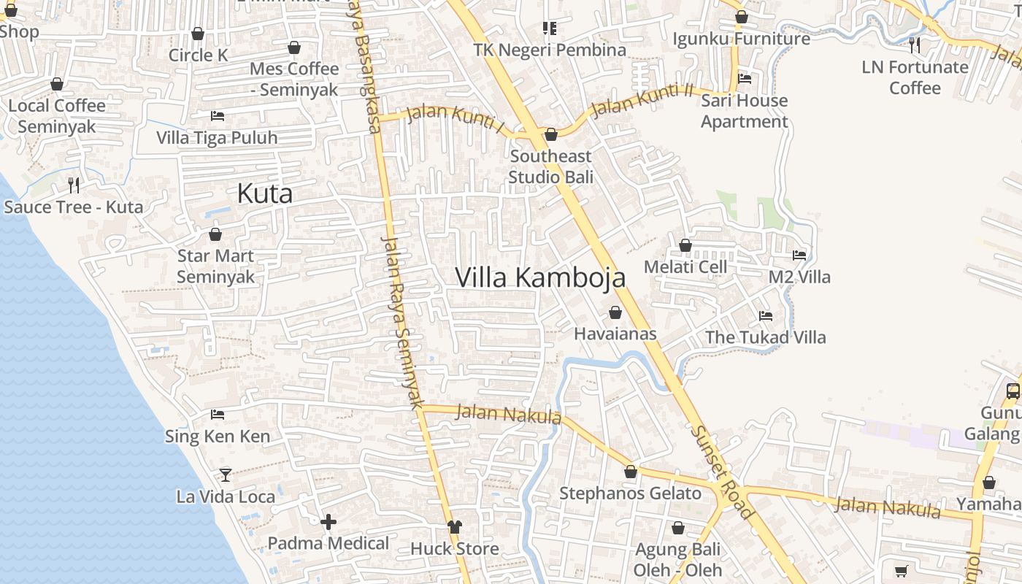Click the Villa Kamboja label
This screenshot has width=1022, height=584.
(x=540, y=278)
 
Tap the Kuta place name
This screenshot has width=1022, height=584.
(x=265, y=193)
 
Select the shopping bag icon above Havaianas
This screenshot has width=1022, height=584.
(x=615, y=312)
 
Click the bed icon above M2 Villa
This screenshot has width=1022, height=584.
(x=799, y=255)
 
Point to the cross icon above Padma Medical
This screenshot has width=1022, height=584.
(x=328, y=522)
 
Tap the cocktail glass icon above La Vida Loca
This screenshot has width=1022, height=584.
(x=226, y=475)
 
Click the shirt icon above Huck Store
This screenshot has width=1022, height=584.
(x=455, y=526)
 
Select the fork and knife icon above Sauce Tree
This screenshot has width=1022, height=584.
(x=74, y=185)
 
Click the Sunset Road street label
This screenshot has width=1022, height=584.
(x=721, y=472)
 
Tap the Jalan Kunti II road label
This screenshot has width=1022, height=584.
(x=642, y=101)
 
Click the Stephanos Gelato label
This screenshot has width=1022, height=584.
(x=630, y=493)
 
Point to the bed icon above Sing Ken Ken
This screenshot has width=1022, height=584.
(x=217, y=415)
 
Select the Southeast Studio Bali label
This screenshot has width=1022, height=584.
(x=550, y=166)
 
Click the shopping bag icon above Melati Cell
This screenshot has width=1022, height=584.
(x=685, y=245)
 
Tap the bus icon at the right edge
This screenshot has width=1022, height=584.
(x=1013, y=391)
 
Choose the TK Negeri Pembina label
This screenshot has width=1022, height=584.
(x=550, y=50)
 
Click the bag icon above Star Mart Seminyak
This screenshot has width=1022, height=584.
(x=215, y=234)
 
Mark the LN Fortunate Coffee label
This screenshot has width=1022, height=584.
(x=915, y=77)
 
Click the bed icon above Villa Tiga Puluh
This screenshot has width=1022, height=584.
(x=217, y=115)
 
